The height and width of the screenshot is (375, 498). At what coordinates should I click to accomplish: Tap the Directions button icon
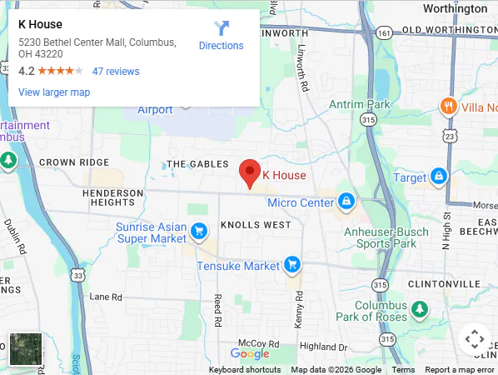222,28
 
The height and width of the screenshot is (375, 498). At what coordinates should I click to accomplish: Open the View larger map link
54,92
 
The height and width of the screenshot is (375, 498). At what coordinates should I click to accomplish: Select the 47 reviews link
116,72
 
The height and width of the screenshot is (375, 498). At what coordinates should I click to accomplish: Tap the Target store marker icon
439,177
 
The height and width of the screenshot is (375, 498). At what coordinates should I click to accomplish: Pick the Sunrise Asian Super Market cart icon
198,231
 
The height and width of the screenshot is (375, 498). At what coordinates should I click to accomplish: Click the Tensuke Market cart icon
291,265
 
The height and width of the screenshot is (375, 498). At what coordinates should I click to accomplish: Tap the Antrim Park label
360,104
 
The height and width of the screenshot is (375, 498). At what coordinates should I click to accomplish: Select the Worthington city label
455,8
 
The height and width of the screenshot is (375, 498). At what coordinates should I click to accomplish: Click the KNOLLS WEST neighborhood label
256,225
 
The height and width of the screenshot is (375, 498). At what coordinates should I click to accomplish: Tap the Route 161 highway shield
383,32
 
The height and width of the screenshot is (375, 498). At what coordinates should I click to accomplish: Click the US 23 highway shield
451,135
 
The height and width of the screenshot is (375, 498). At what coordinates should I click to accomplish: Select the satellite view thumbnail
25,349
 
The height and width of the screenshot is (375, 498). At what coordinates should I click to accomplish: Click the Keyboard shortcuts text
245,370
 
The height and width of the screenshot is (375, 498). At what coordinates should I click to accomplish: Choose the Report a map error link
461,370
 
